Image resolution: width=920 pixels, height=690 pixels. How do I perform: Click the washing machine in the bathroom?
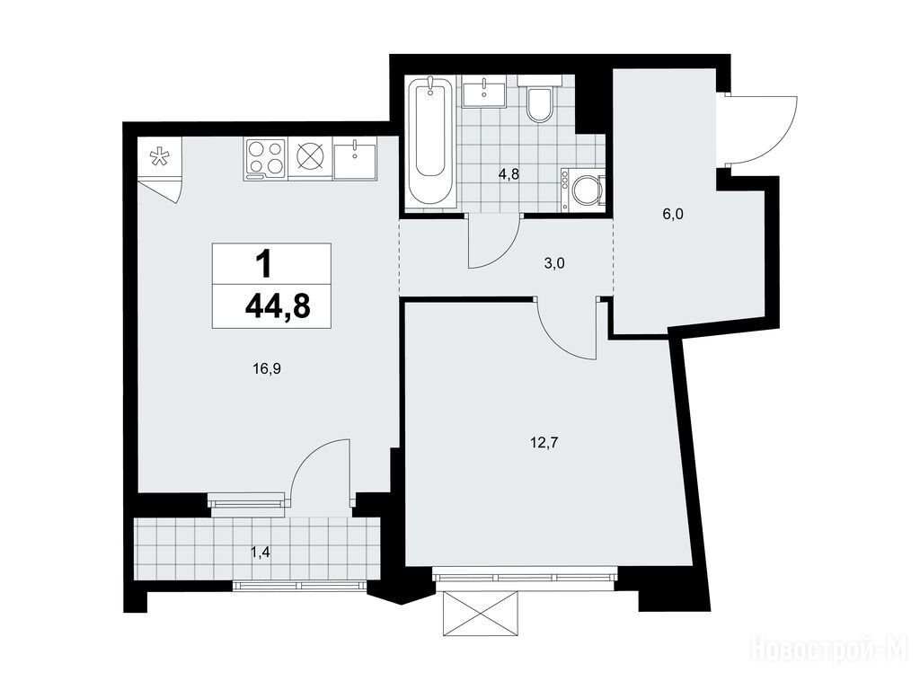point(582,190)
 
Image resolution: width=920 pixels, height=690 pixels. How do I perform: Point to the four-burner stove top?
point(266,156)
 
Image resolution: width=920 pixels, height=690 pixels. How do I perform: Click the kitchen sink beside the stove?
point(355,157)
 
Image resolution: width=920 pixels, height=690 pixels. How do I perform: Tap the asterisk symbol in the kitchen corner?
point(157,156)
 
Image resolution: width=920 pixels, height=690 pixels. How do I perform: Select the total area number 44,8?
point(278,306)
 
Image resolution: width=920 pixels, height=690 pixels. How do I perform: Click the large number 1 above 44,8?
point(265,264)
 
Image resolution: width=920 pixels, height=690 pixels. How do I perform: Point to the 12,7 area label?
point(544,442)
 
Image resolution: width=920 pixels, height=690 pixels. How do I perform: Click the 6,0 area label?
point(673,214)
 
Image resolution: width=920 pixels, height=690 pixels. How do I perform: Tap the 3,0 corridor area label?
point(553,263)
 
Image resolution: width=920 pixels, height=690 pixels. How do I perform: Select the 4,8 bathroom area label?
point(509,173)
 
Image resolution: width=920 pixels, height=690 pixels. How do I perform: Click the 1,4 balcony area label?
point(260,552)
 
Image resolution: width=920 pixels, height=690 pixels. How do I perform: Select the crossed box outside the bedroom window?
point(482,613)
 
